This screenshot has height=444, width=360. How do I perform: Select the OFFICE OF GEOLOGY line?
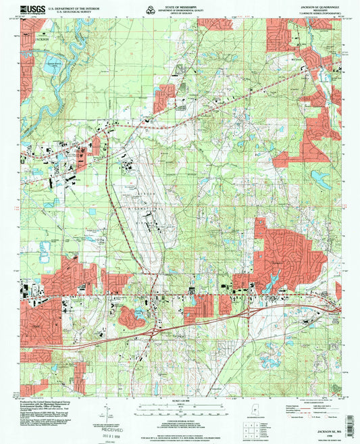click(180, 14)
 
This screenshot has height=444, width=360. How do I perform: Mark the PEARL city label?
click(34, 326)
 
